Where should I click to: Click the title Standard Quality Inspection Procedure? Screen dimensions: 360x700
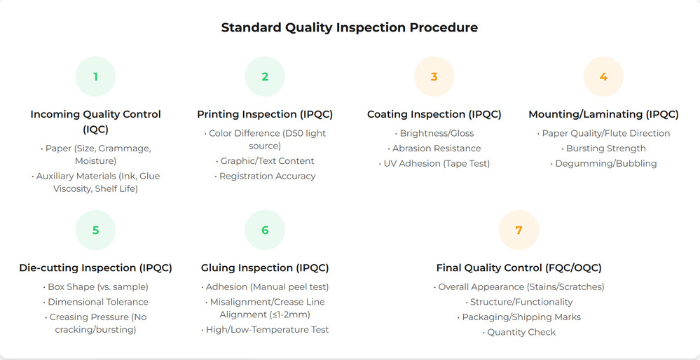(x=349, y=28)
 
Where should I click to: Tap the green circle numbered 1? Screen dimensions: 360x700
(x=95, y=76)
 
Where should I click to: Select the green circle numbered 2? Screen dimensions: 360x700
(x=265, y=76)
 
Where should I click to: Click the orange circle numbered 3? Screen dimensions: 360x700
(x=434, y=76)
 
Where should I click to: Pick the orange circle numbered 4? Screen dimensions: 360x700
(x=603, y=76)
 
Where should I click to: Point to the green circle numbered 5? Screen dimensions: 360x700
(x=95, y=230)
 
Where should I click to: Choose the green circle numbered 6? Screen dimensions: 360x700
(x=265, y=230)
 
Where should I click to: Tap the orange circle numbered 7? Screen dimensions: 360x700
(x=519, y=230)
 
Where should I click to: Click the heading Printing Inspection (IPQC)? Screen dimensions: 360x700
(x=265, y=114)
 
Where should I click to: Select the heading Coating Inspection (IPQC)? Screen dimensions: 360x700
(x=434, y=114)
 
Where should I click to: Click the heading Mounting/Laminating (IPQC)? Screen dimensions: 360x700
(x=603, y=114)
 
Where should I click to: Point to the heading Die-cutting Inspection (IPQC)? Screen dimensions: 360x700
(x=95, y=268)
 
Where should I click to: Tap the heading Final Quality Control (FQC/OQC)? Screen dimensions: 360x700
(x=519, y=268)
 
